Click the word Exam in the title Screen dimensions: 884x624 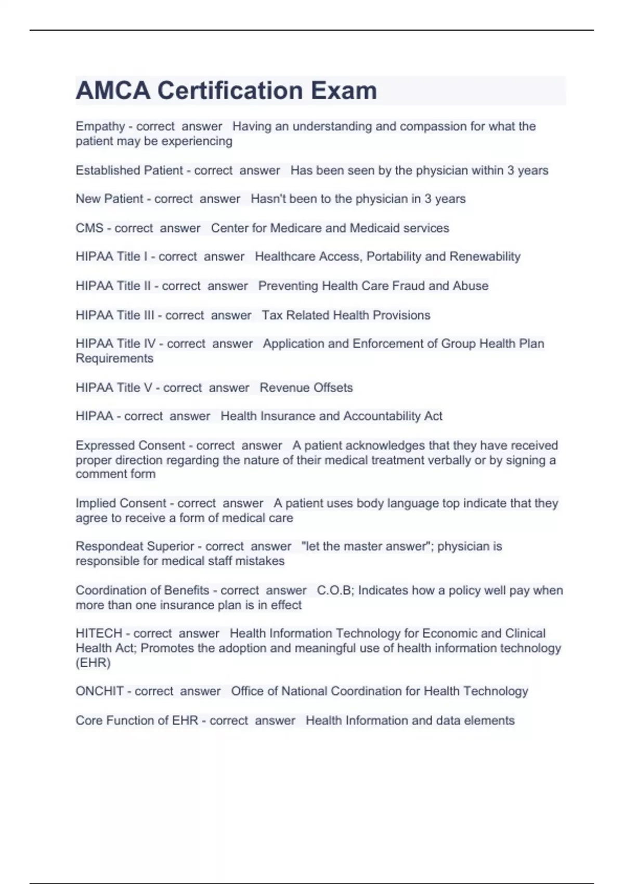344,90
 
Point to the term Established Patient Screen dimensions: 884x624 129,171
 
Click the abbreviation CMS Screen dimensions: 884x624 89,228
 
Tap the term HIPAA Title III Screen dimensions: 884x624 115,315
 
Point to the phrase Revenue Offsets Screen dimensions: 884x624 306,388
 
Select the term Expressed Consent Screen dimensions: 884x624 130,446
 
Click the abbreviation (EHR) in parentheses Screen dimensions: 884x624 93,663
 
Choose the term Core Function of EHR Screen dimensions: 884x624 137,721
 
